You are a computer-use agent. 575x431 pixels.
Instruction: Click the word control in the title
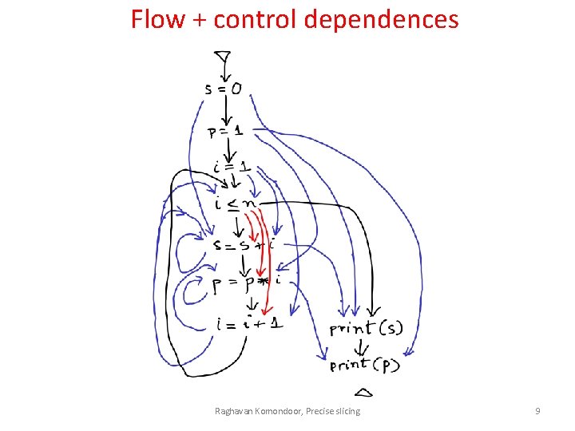(x=256, y=19)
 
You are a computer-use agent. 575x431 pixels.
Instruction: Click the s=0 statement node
(x=223, y=89)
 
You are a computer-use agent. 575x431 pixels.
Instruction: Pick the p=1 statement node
(x=226, y=131)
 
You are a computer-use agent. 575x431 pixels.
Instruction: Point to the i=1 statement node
(x=232, y=168)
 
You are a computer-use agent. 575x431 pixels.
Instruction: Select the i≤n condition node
(x=235, y=204)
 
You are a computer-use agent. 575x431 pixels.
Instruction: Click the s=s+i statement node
(x=243, y=245)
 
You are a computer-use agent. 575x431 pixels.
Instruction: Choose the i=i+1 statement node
(x=248, y=323)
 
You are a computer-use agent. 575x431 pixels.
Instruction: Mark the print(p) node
(x=365, y=366)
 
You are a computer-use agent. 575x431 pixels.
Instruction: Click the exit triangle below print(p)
(x=363, y=392)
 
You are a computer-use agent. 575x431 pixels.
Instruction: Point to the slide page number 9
(x=537, y=411)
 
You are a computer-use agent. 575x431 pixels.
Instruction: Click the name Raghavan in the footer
(x=237, y=411)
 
